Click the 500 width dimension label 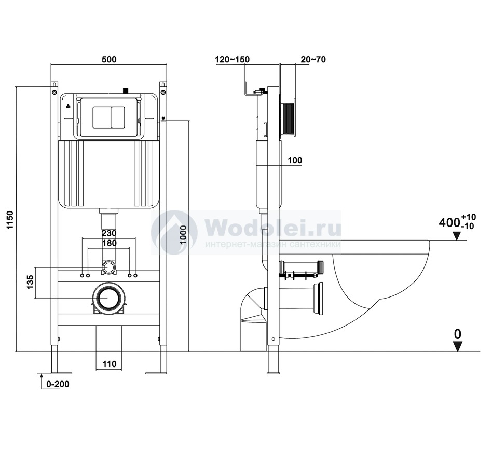(x=109, y=59)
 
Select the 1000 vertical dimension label (x=183, y=234)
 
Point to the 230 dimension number (x=109, y=233)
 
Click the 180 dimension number (x=109, y=243)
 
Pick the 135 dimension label (x=30, y=282)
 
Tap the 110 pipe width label (x=109, y=364)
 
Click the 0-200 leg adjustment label (x=58, y=384)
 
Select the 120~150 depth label (x=233, y=59)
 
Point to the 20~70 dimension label (x=313, y=59)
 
